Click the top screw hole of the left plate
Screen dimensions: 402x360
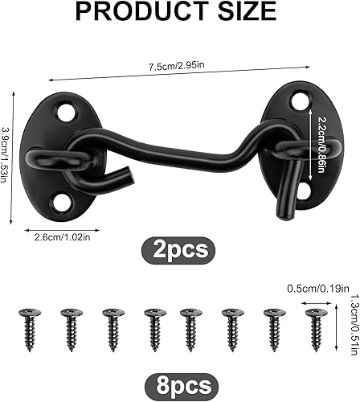[63, 111]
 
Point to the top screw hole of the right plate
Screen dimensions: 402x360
[300, 101]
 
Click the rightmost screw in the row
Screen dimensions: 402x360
[314, 328]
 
